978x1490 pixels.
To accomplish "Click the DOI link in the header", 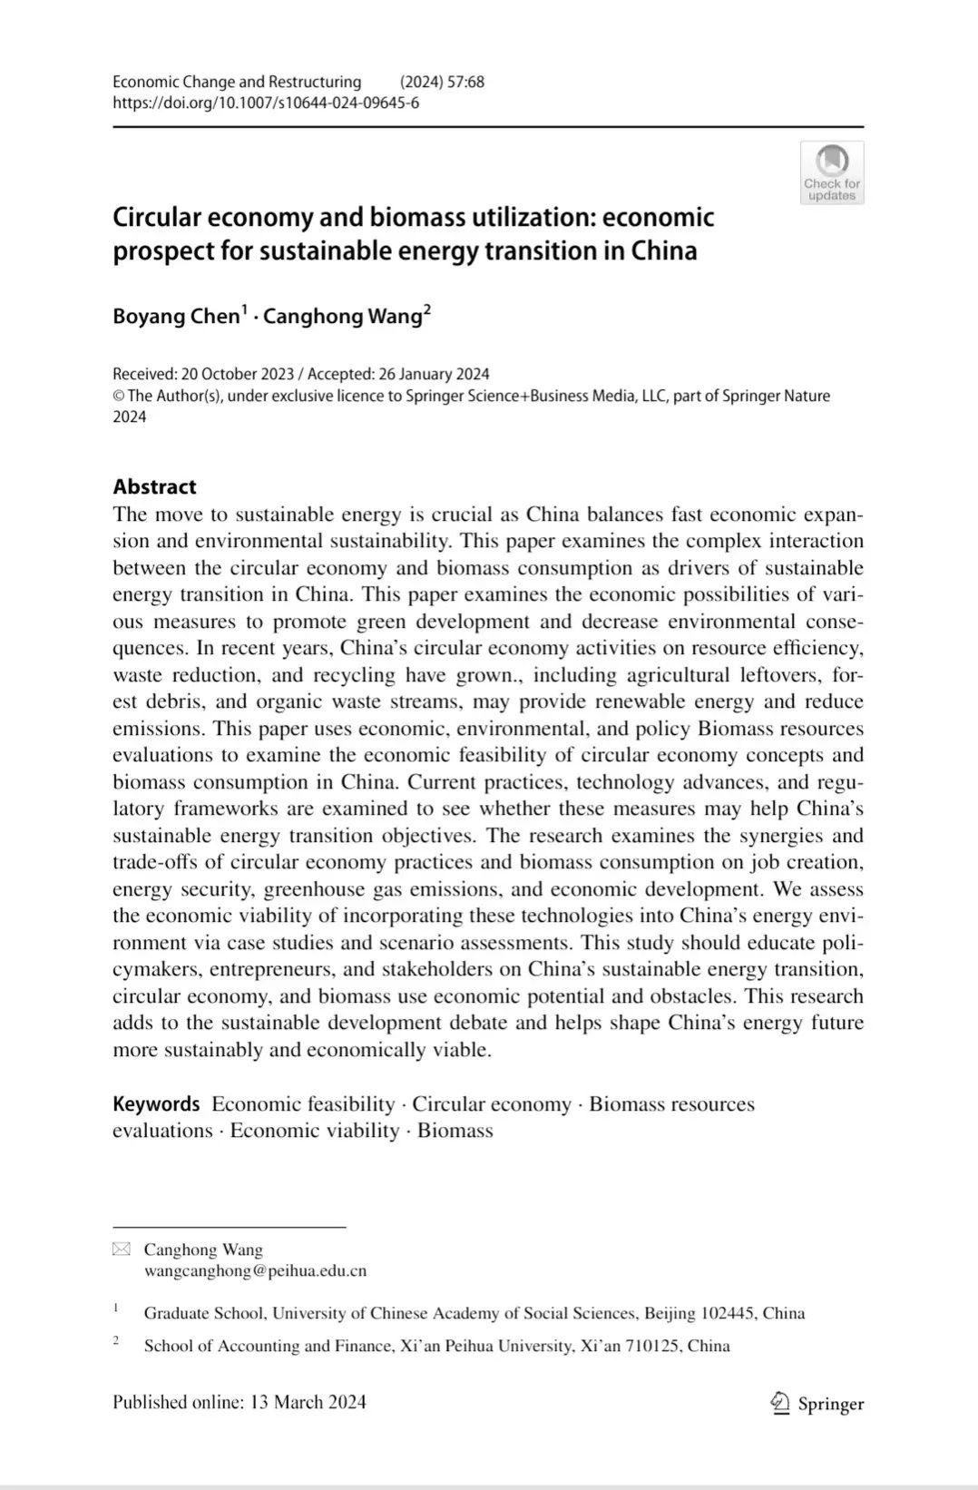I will click(265, 103).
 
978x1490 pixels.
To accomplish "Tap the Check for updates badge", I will click(831, 172).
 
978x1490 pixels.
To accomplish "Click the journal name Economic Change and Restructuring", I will click(237, 82).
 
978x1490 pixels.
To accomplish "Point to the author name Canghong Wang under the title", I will click(343, 317).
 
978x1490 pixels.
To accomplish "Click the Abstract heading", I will click(154, 487).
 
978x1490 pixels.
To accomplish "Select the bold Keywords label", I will click(156, 1104).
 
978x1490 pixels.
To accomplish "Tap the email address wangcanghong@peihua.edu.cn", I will click(255, 1270).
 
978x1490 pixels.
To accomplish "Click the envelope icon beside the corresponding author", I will click(122, 1250).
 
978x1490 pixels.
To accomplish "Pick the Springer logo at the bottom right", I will click(817, 1404).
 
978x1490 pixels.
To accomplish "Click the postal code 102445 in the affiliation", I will click(728, 1313).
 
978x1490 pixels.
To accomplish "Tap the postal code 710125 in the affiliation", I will click(652, 1346).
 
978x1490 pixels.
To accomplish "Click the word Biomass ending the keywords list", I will click(455, 1131).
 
